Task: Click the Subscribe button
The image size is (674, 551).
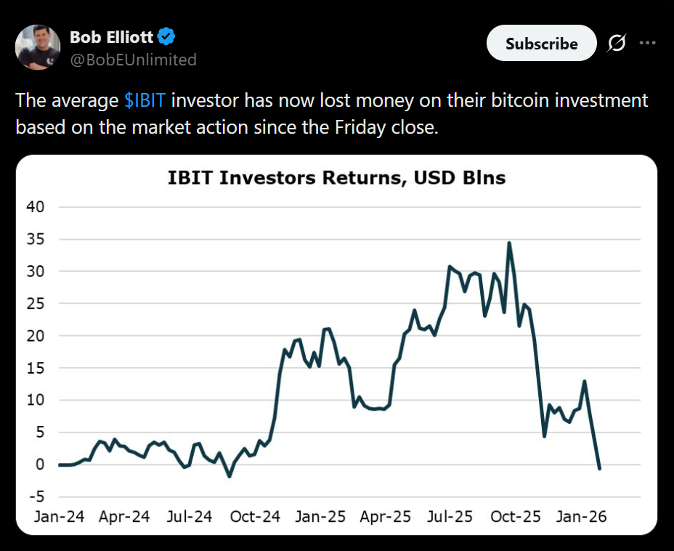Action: tap(541, 44)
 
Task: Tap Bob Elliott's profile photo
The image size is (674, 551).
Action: tap(38, 47)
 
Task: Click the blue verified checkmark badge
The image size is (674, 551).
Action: tap(166, 36)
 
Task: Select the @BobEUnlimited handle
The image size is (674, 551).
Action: tap(133, 60)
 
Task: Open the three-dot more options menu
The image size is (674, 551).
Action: tap(647, 43)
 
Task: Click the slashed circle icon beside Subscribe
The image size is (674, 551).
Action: tap(616, 44)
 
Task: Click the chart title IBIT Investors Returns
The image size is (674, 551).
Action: tap(336, 177)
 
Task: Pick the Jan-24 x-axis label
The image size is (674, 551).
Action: tap(60, 517)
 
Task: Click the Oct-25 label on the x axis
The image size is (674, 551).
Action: tap(516, 517)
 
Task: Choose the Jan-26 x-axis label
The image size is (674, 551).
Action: tap(581, 517)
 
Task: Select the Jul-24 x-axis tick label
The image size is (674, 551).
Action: tap(189, 517)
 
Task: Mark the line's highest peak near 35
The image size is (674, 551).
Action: tap(509, 243)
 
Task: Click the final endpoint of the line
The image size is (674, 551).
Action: tap(599, 468)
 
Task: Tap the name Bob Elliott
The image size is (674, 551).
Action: tap(111, 36)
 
